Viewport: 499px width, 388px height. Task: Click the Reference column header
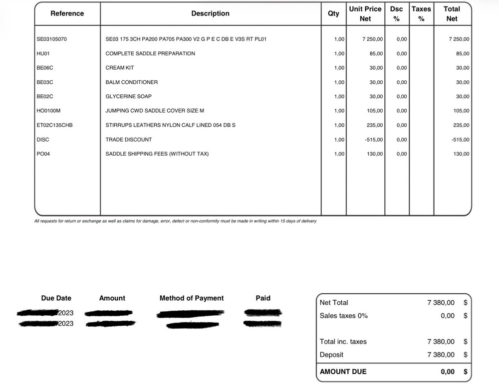67,13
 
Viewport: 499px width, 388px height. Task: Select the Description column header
210,13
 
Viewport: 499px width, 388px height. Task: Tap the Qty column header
333,13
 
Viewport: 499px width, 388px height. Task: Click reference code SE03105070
52,39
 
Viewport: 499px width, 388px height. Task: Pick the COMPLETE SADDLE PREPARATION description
150,53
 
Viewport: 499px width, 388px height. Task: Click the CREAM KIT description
120,68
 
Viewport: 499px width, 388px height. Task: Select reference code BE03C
45,82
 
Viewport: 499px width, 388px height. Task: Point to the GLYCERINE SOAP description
129,96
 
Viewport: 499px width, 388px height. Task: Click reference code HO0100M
48,111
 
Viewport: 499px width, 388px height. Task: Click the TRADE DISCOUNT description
129,140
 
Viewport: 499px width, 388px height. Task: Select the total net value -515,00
460,140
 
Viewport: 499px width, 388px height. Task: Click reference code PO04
43,154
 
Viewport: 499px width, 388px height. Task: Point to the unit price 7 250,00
372,39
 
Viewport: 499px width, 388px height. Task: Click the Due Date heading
56,298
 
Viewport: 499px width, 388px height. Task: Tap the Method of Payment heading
192,298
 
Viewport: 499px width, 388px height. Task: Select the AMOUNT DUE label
343,372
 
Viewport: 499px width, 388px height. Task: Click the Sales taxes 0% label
343,316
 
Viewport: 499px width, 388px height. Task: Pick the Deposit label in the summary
331,355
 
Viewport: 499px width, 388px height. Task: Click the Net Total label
334,303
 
